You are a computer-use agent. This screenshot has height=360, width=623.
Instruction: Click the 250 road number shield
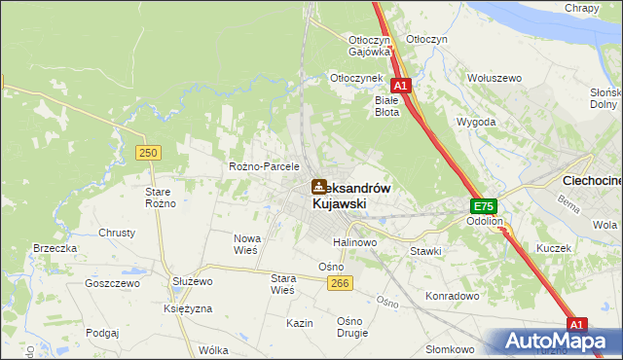click(x=148, y=153)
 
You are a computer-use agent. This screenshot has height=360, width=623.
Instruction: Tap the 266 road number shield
click(x=339, y=282)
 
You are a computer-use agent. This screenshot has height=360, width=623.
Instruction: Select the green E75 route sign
click(x=484, y=206)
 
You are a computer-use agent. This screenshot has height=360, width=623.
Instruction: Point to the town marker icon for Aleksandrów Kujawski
click(x=319, y=186)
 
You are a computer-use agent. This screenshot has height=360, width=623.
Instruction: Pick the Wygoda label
click(x=476, y=123)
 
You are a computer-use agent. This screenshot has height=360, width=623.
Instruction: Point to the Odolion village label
click(x=483, y=221)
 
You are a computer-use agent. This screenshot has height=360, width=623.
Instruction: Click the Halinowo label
click(x=354, y=241)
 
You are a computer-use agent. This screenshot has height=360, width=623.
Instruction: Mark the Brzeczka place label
click(x=55, y=248)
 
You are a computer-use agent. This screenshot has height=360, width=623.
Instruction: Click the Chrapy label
click(x=581, y=8)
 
